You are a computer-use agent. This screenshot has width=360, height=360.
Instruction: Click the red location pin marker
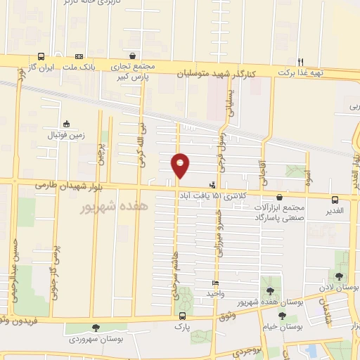click(x=180, y=165)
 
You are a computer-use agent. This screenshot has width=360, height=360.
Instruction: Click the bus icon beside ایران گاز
click(x=41, y=56)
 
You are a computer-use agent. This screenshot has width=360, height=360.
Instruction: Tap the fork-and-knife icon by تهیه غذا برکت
click(x=300, y=62)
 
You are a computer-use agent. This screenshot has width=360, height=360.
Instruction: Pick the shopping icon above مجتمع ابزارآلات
click(x=281, y=198)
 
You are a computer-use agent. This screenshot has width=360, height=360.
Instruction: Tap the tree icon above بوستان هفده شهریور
click(x=271, y=290)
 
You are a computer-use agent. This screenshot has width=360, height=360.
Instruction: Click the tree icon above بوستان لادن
click(x=340, y=276)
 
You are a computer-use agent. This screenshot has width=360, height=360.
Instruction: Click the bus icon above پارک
click(x=181, y=316)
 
